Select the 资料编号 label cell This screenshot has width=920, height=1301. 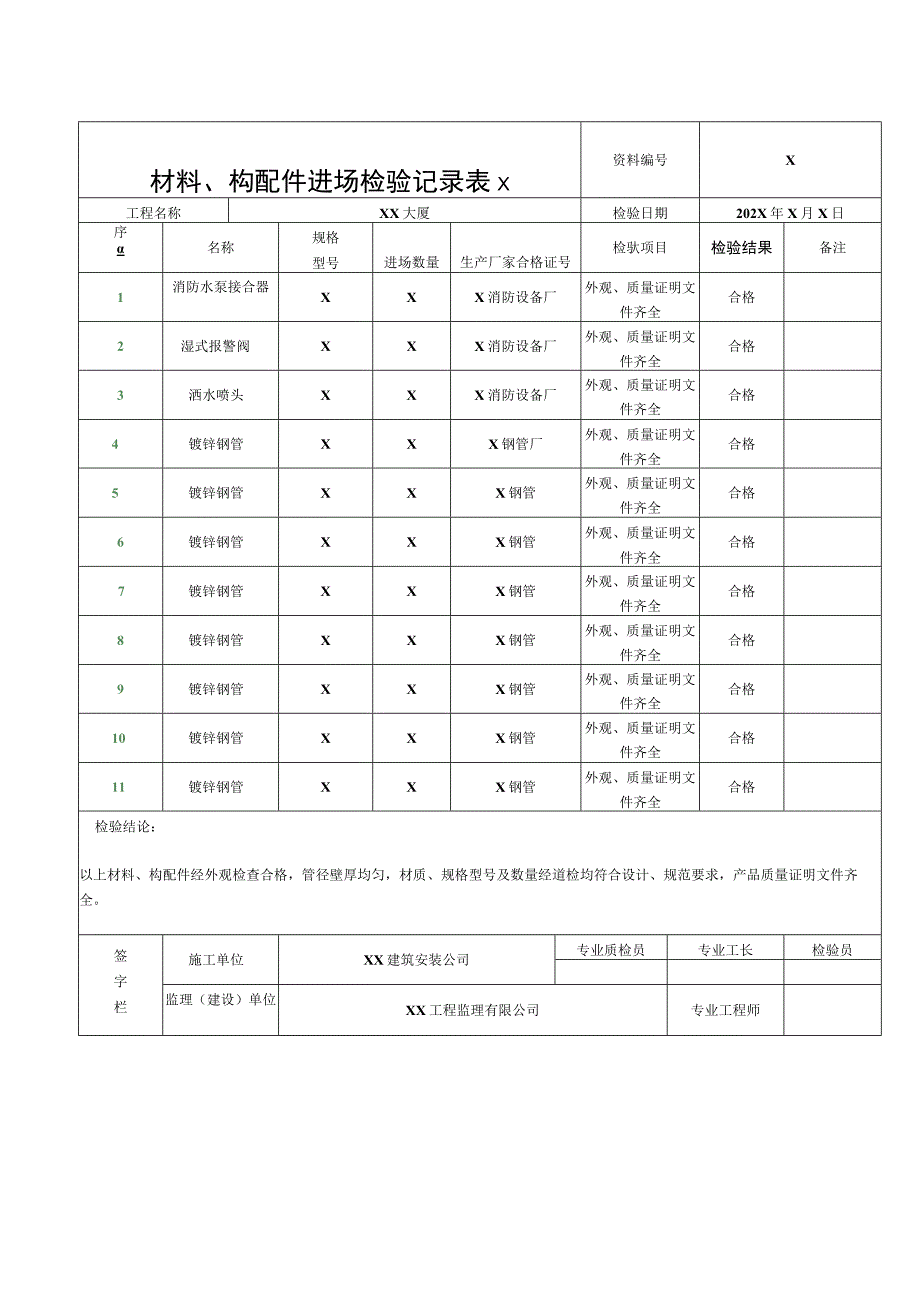tap(640, 160)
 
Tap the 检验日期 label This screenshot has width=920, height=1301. tap(640, 213)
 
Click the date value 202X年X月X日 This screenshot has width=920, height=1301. tap(790, 213)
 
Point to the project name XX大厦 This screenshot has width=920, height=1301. tap(404, 213)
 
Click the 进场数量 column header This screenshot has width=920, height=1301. tap(412, 262)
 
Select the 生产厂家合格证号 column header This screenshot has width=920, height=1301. tap(515, 262)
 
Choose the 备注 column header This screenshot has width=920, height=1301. tap(832, 248)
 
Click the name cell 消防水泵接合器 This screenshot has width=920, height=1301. tap(221, 287)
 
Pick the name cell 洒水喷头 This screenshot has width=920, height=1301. tap(216, 395)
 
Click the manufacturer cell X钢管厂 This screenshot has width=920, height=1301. tap(515, 444)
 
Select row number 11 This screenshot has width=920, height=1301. tap(119, 787)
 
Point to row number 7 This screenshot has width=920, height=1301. tap(121, 591)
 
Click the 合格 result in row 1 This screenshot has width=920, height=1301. tap(742, 297)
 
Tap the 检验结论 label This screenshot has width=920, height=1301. tap(126, 827)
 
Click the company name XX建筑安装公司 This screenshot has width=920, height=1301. tap(416, 960)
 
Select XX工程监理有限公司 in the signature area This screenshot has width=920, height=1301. tap(472, 1010)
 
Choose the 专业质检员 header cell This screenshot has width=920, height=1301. tap(611, 949)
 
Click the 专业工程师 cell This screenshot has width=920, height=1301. tap(725, 1010)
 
